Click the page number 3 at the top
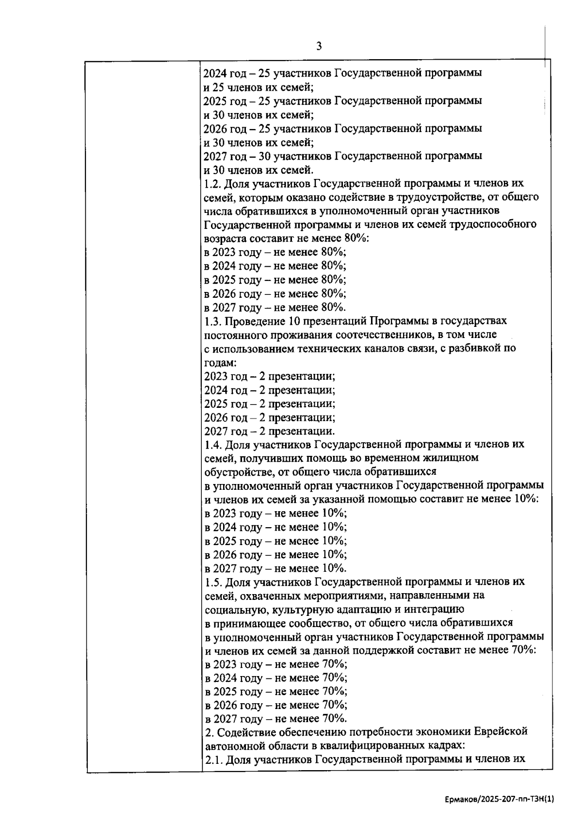(x=319, y=47)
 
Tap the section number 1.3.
(x=212, y=322)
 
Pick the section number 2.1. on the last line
(x=214, y=760)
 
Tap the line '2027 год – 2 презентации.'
(x=269, y=432)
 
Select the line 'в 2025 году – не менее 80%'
(x=275, y=280)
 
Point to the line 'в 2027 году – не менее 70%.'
(x=275, y=719)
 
